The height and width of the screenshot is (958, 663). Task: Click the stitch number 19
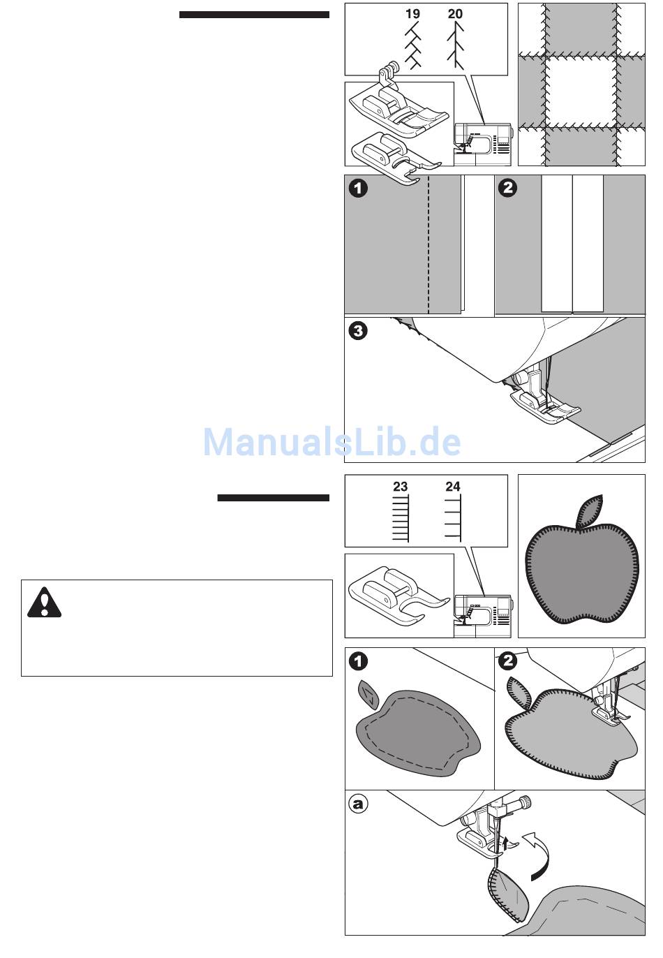click(412, 14)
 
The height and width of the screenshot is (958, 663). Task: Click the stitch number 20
click(455, 14)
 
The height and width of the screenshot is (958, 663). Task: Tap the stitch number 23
click(400, 486)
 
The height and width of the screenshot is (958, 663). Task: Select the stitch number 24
click(453, 486)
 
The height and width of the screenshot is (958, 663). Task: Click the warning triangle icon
click(44, 603)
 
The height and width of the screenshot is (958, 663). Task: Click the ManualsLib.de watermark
click(331, 442)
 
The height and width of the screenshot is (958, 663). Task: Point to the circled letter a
click(358, 804)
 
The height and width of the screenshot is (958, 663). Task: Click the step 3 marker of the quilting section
click(358, 331)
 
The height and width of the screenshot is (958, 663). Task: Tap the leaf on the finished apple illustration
click(590, 511)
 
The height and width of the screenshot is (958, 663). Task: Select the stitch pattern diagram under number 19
click(413, 45)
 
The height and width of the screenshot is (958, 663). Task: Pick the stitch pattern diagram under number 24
click(454, 517)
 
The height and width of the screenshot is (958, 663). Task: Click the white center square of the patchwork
click(581, 91)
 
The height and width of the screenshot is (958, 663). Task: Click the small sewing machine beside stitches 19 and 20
click(483, 145)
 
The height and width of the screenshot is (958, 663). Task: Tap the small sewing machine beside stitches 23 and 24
click(483, 616)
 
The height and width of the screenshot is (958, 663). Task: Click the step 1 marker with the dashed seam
click(358, 189)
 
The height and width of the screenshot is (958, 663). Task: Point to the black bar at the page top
click(254, 15)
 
